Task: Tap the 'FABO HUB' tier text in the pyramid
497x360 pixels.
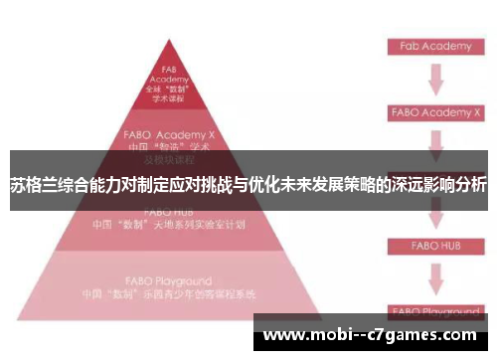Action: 169,211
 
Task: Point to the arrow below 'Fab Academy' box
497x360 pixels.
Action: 433,80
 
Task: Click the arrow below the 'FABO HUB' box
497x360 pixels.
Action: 433,275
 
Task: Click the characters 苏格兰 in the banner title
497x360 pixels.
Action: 32,184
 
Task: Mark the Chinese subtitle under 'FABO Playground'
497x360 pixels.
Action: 169,295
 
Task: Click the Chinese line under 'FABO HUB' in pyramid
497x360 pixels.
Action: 169,225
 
